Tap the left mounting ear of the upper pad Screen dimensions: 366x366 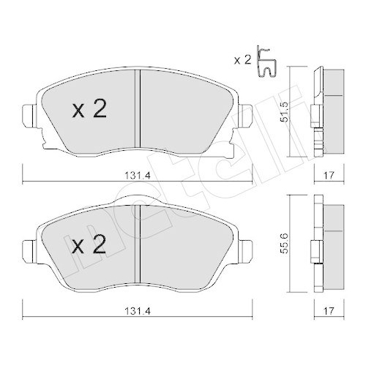tap(29, 115)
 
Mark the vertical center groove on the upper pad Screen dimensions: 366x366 tap(137, 106)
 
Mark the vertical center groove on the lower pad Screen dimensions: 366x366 tap(137, 242)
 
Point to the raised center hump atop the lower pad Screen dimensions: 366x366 tap(137, 201)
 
